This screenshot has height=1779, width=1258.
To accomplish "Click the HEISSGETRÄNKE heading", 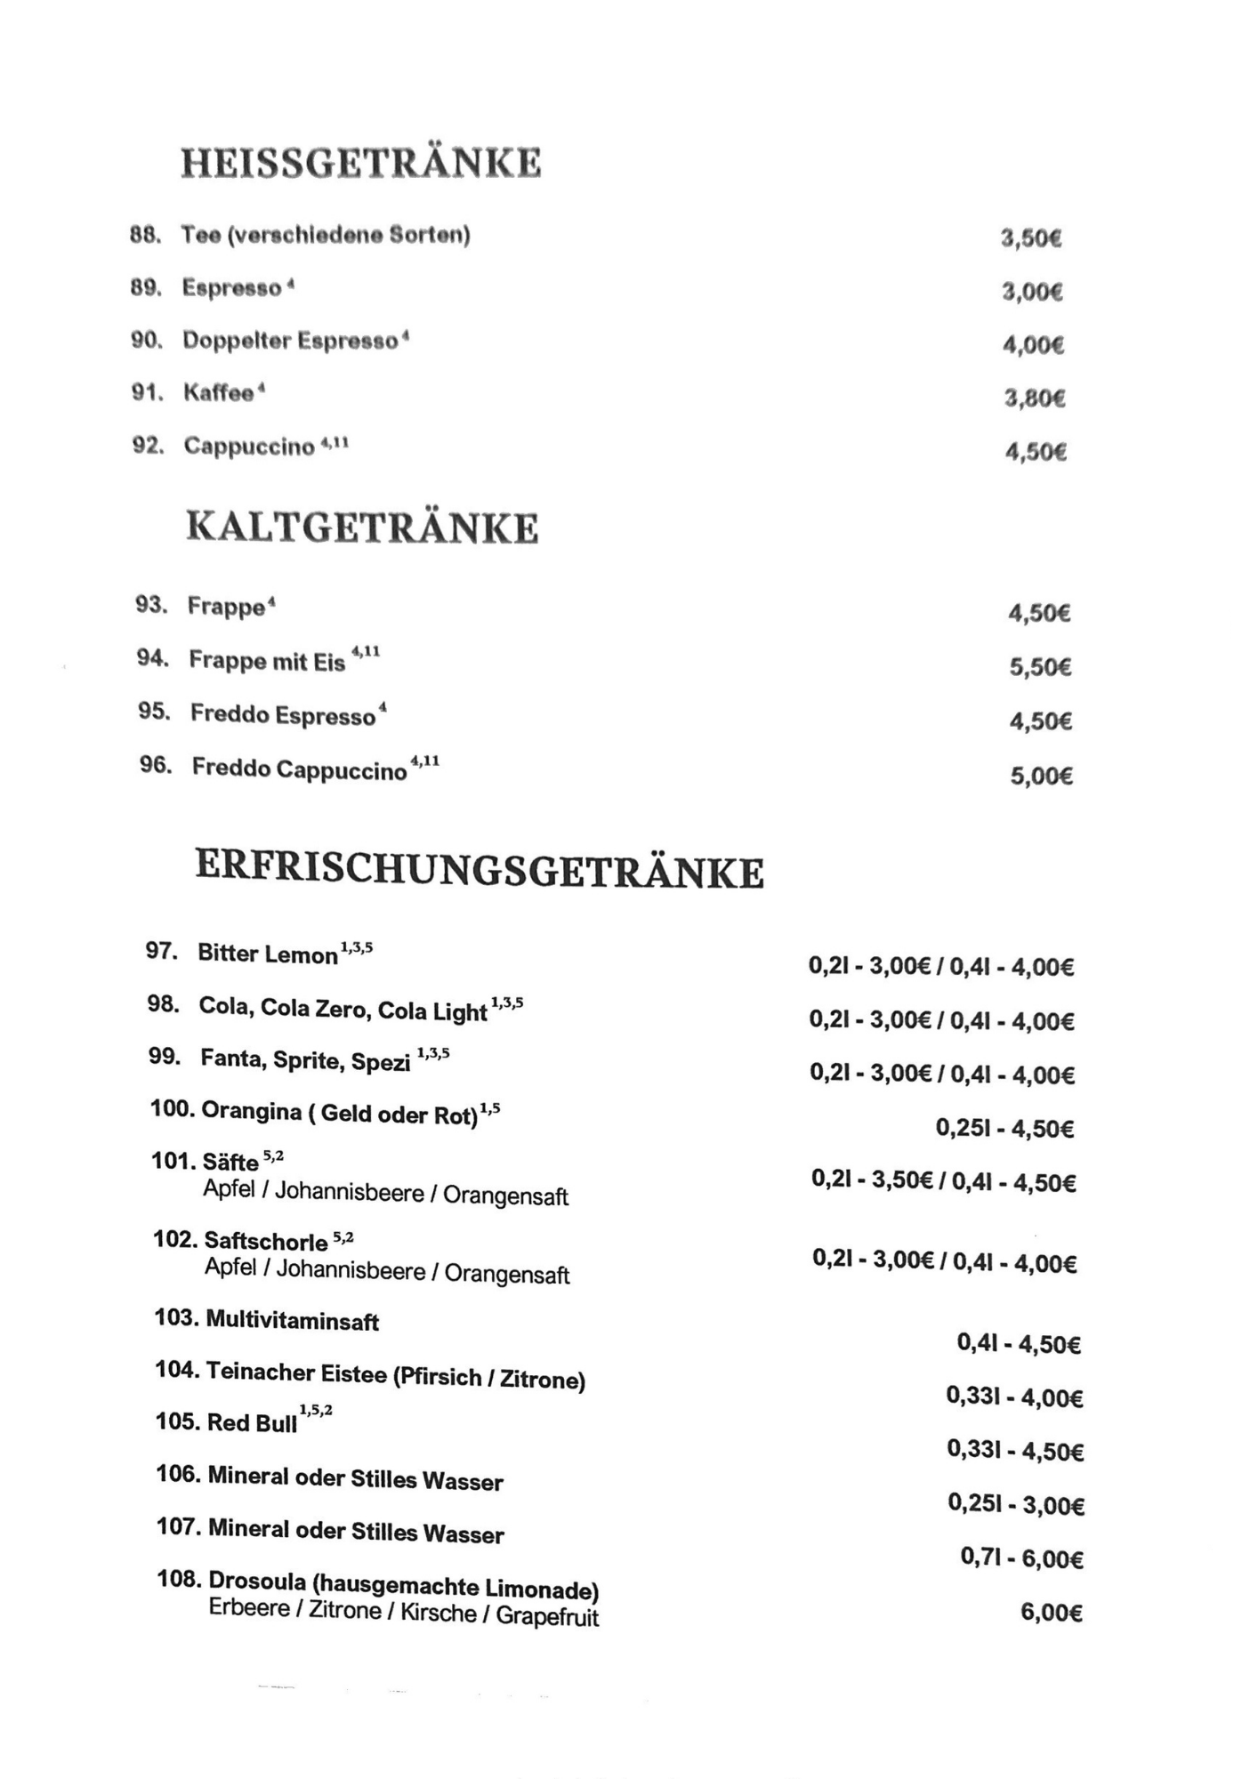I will [x=361, y=164].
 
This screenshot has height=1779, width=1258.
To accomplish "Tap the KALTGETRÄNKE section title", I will [x=362, y=527].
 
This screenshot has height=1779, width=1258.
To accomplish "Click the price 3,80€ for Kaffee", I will [x=1035, y=398].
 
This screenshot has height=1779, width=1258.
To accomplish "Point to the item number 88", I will [x=145, y=236].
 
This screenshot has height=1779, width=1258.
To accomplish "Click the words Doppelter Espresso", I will [x=290, y=341].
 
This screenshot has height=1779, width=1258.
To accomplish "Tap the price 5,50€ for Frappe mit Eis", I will [x=1040, y=667].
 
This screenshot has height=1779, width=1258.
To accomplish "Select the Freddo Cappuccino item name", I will [x=300, y=769].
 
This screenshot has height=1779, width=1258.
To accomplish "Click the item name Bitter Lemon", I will [x=268, y=954].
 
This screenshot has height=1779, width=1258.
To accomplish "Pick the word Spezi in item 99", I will [x=381, y=1061].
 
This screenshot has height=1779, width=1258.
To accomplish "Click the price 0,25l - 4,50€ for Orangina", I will [x=1004, y=1129].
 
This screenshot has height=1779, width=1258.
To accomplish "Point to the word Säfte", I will [x=230, y=1162].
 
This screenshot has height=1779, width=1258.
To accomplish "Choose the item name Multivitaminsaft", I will [x=293, y=1320].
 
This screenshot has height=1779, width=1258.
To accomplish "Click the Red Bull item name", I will [x=253, y=1422].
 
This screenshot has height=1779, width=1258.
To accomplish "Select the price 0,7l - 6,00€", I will [x=1021, y=1558].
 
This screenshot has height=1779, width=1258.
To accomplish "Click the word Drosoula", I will [x=257, y=1581].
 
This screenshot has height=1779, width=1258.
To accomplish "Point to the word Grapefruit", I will [x=547, y=1615].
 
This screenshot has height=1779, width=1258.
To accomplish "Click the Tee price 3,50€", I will [x=1031, y=238].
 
